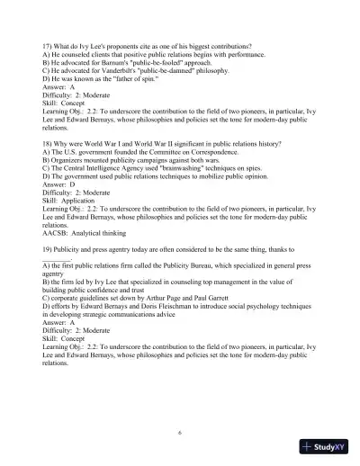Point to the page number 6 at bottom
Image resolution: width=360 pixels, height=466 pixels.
click(180, 432)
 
